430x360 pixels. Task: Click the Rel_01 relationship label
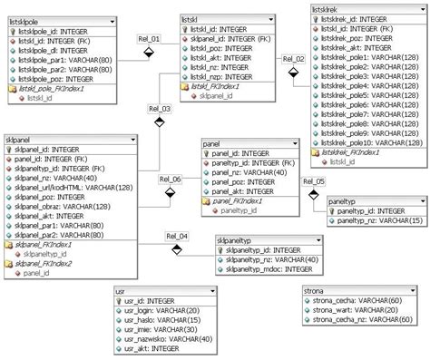coord(149,39)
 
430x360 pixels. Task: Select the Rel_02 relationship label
coord(293,59)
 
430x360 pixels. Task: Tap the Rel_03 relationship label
coord(160,108)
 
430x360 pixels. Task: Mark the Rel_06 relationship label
coord(170,180)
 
